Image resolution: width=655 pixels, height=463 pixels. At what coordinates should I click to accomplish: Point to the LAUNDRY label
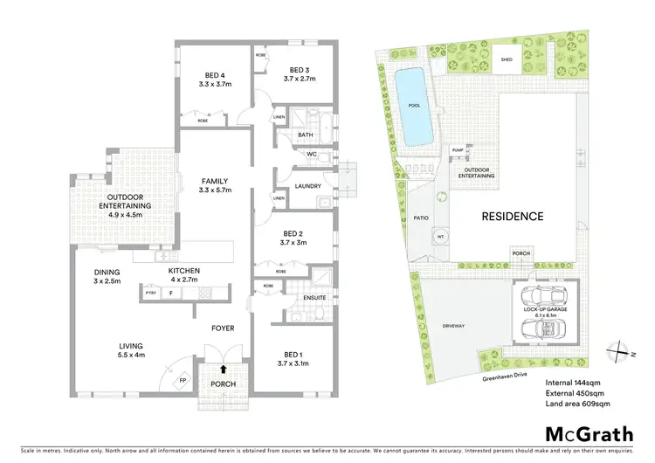click(x=308, y=186)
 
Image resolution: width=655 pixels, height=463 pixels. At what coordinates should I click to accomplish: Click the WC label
click(x=310, y=155)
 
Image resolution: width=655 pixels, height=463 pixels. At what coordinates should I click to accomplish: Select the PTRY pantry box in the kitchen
click(x=151, y=294)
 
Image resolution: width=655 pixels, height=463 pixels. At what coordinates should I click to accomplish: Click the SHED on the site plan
click(x=506, y=59)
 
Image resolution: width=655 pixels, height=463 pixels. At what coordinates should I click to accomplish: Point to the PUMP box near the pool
click(x=458, y=150)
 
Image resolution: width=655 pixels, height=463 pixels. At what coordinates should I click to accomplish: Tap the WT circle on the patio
click(x=440, y=236)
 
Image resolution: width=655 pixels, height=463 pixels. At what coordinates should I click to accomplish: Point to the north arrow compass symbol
click(x=621, y=349)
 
